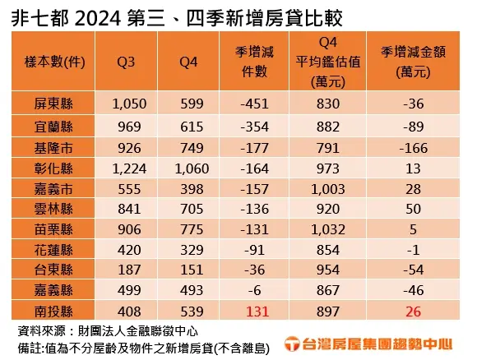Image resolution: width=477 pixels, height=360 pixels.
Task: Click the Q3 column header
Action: tap(126, 62)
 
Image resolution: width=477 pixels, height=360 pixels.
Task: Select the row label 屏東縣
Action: tap(53, 104)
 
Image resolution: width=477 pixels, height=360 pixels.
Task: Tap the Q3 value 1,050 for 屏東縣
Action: tap(129, 104)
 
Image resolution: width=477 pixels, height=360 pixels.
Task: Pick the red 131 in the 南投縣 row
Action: tap(257, 312)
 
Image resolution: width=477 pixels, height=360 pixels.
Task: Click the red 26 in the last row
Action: tap(413, 312)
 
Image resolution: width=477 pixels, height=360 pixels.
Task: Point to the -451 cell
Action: tap(254, 104)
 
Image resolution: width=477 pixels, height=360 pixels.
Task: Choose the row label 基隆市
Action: tap(53, 148)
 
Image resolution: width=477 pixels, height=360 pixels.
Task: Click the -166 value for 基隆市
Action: tap(413, 148)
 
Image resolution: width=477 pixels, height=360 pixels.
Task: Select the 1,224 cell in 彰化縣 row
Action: tap(129, 168)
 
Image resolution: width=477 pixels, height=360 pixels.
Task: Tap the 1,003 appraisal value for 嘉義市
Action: tap(328, 189)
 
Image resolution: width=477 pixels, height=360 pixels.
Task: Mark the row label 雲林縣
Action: tap(53, 210)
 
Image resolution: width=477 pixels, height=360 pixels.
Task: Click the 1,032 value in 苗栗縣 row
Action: tap(328, 229)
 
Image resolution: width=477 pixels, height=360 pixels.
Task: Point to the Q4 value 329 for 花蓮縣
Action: tap(192, 250)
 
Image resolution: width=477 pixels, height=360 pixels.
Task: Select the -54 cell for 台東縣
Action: tap(413, 270)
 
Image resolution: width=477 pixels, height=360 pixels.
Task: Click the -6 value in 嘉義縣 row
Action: tap(254, 290)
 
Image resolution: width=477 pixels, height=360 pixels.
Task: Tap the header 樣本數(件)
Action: tap(54, 62)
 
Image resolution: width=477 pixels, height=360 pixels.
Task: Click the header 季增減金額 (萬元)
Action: tap(413, 62)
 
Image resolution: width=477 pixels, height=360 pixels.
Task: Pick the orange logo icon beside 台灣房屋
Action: tap(292, 344)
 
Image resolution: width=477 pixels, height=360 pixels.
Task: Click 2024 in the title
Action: tap(98, 19)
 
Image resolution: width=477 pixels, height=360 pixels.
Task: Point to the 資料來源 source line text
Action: tap(108, 331)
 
